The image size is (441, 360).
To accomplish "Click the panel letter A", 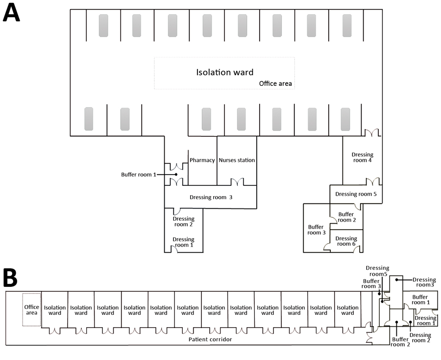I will pyautogui.click(x=11, y=13).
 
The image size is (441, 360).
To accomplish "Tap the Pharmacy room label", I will pyautogui.click(x=202, y=160).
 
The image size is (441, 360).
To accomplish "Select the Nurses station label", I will pyautogui.click(x=237, y=160).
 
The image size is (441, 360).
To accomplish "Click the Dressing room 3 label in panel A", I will pyautogui.click(x=211, y=198).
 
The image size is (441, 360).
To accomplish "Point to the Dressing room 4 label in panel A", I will pyautogui.click(x=363, y=158).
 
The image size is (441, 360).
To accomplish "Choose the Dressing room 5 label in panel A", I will pyautogui.click(x=356, y=194).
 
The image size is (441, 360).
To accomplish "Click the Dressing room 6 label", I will pyautogui.click(x=346, y=241).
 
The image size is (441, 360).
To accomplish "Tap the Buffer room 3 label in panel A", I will pyautogui.click(x=316, y=230).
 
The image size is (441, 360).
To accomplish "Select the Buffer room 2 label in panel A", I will pyautogui.click(x=346, y=217).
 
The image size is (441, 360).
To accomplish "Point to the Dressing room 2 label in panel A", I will pyautogui.click(x=183, y=222).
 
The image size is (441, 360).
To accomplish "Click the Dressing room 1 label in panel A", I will pyautogui.click(x=183, y=242).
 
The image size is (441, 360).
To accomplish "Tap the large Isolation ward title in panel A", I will pyautogui.click(x=225, y=73).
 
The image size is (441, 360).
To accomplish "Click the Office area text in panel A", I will pyautogui.click(x=275, y=84).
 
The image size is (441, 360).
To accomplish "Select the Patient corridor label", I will pyautogui.click(x=210, y=339).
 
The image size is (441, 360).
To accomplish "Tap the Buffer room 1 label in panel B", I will pyautogui.click(x=420, y=300).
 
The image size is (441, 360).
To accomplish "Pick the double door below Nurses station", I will pyautogui.click(x=237, y=182).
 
